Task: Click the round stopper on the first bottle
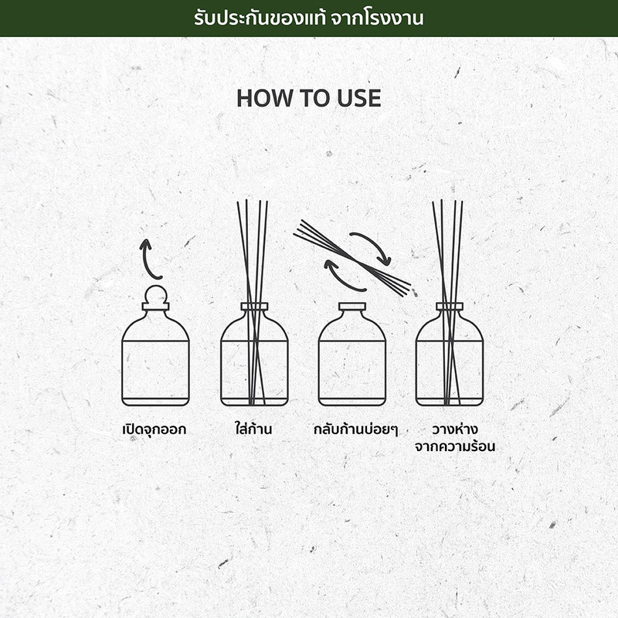156,295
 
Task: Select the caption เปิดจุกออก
154,429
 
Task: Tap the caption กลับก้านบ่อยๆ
355,429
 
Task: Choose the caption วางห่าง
455,429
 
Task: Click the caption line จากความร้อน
455,447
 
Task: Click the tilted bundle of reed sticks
352,258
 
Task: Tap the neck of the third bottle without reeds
352,307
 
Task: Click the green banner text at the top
308,18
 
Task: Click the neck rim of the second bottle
254,307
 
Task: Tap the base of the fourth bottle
450,402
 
